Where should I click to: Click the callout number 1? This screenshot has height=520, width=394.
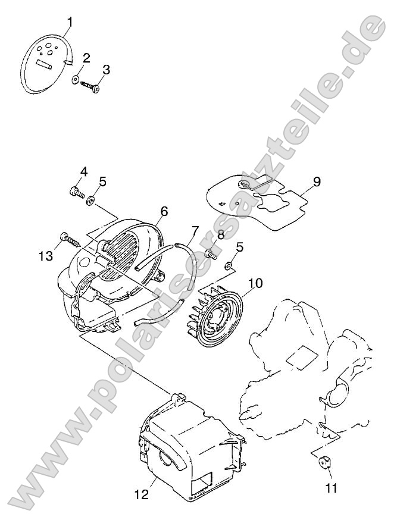(x=70, y=22)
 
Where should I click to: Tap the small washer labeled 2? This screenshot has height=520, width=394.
(x=75, y=79)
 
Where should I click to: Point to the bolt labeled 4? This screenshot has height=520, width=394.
(x=77, y=192)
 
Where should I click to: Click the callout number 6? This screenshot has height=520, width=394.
(x=164, y=211)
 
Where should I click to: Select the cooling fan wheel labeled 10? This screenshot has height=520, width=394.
(x=317, y=181)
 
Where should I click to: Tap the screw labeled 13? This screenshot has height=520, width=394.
(x=142, y=495)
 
